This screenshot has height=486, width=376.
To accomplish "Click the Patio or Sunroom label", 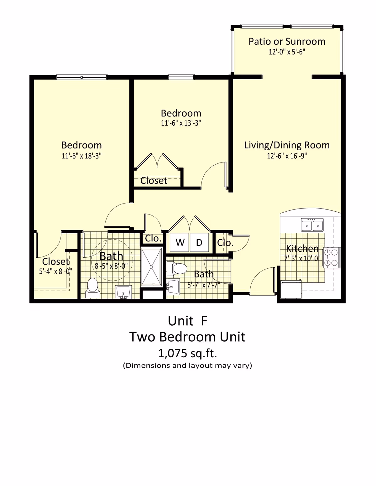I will pyautogui.click(x=287, y=42).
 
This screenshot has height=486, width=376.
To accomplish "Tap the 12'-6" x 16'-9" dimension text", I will pyautogui.click(x=287, y=156).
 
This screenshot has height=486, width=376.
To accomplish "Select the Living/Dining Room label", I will pyautogui.click(x=287, y=145).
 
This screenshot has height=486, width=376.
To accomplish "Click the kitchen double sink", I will pyautogui.click(x=312, y=225).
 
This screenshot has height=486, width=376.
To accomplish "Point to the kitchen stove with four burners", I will pyautogui.click(x=332, y=257).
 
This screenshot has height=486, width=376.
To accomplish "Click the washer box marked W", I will pyautogui.click(x=180, y=242).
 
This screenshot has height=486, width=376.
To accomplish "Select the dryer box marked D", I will pyautogui.click(x=199, y=242).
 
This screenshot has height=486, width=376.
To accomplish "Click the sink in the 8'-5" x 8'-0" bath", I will pyautogui.click(x=123, y=292).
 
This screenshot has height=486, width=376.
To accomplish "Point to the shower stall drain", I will pyautogui.click(x=152, y=267).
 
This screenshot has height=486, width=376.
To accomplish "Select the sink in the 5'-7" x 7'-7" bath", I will pyautogui.click(x=173, y=286).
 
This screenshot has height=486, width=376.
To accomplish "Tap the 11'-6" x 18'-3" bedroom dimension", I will pyautogui.click(x=81, y=156).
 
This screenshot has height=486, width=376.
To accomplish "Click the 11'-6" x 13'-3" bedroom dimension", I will pyautogui.click(x=181, y=123).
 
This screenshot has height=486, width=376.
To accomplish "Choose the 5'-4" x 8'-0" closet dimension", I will pyautogui.click(x=55, y=271).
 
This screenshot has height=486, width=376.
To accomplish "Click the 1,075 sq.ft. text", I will pyautogui.click(x=187, y=353).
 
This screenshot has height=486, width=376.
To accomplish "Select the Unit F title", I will pyautogui.click(x=187, y=321).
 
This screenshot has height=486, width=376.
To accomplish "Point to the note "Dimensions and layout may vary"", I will pyautogui.click(x=187, y=365).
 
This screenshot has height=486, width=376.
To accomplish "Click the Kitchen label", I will pyautogui.click(x=302, y=249).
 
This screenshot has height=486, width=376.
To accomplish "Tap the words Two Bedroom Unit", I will pyautogui.click(x=187, y=337).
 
